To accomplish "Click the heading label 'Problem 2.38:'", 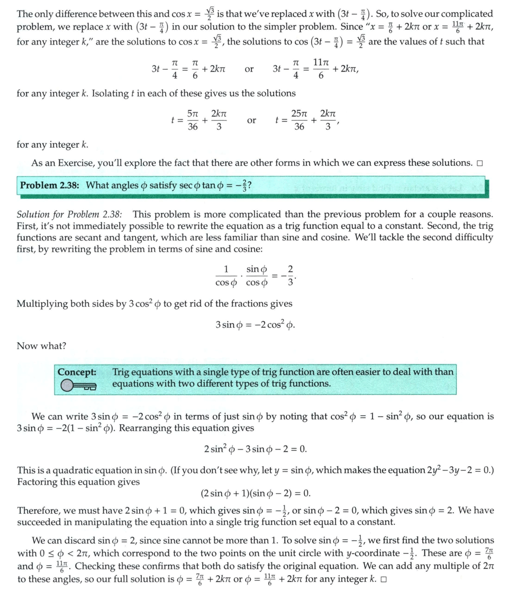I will pos(50,185).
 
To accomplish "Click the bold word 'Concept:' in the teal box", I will pos(77,371).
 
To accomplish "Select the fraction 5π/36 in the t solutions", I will pos(193,120).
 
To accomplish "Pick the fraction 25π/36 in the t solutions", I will pos(299,120).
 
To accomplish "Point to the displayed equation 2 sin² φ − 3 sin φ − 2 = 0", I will pos(255,449).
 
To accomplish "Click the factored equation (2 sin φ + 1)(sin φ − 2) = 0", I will pos(255,494).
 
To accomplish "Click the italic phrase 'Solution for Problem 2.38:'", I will pos(69,214).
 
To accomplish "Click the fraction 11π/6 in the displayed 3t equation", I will pos(321,69).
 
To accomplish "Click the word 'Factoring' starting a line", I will pos(37,481).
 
